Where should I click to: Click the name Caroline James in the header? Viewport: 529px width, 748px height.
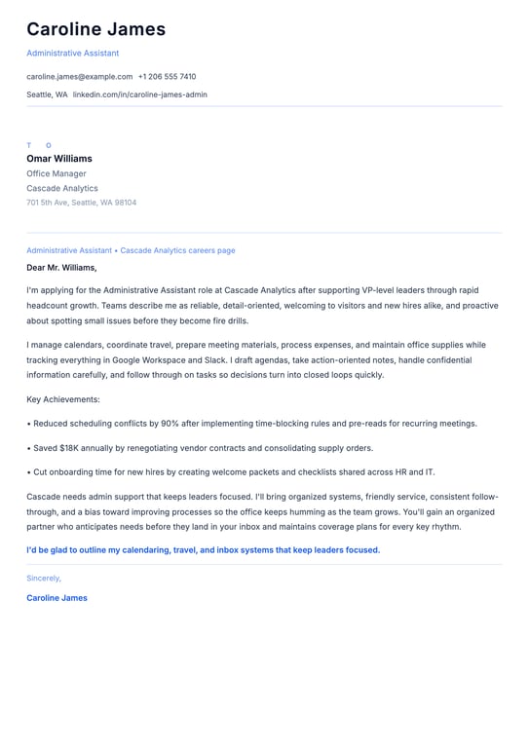click(x=95, y=29)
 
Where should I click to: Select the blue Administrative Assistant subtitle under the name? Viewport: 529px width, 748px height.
click(x=72, y=53)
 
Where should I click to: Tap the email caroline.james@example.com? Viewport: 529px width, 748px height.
click(x=79, y=76)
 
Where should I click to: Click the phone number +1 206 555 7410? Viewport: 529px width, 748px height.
click(x=167, y=76)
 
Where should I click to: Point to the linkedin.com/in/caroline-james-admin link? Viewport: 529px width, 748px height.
click(x=139, y=94)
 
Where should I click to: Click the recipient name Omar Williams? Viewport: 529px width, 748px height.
click(x=59, y=159)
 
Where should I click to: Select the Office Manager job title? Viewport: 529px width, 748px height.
click(x=57, y=173)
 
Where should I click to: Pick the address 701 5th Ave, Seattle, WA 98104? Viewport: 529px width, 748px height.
click(x=81, y=203)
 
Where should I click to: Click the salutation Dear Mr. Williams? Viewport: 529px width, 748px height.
click(x=61, y=267)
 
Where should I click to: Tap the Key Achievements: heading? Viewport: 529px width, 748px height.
click(x=63, y=399)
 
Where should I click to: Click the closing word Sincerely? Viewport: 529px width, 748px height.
click(x=44, y=578)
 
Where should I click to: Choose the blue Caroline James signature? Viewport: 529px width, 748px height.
click(x=57, y=598)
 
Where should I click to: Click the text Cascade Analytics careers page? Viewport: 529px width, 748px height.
click(x=177, y=250)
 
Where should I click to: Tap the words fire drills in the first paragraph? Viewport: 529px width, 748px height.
click(x=226, y=320)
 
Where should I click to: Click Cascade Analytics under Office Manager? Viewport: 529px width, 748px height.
click(x=62, y=188)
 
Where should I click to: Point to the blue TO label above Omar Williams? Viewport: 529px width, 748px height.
click(x=39, y=145)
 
